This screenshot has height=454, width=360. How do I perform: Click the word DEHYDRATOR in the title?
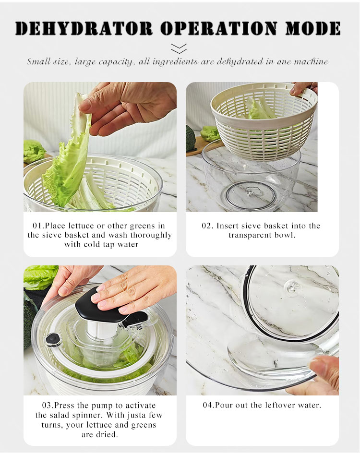84,28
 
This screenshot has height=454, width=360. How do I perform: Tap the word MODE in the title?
313,28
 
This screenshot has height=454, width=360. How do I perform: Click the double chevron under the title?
179,48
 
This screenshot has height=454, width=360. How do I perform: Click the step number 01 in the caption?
37,226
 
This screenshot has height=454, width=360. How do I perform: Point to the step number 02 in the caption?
207,226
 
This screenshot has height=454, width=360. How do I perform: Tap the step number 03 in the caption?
47,406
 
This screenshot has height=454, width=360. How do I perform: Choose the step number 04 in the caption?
208,405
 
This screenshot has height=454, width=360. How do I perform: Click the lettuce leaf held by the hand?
68,151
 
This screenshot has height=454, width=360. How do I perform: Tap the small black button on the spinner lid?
53,339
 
